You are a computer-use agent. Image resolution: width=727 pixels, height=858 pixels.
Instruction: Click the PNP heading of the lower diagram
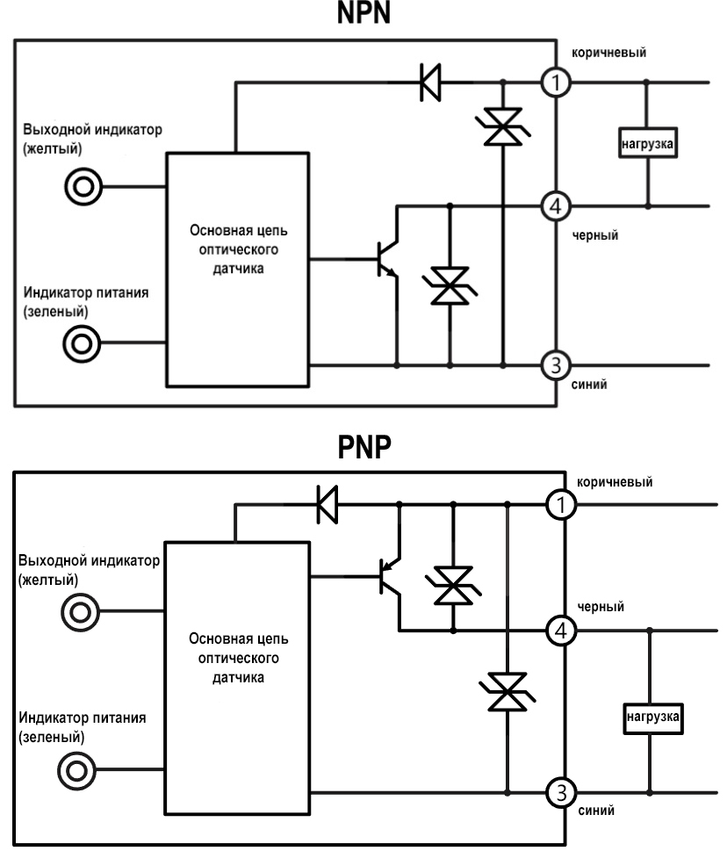(363, 451)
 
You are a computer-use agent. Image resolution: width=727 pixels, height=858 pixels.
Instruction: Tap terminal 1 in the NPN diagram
(557, 83)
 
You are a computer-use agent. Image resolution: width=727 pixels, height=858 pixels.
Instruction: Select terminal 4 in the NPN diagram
(557, 207)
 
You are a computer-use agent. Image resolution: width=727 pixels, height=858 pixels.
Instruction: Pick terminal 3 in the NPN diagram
(557, 364)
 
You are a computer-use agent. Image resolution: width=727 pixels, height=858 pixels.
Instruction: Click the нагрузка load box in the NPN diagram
(647, 144)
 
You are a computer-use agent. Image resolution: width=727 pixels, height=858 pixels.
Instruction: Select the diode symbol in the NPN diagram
(429, 83)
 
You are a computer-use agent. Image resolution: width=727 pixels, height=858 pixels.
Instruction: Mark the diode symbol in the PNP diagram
(328, 505)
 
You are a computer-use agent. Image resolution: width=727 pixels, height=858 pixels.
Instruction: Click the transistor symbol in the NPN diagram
(385, 260)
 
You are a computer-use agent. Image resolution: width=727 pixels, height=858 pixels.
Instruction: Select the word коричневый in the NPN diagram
(611, 54)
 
